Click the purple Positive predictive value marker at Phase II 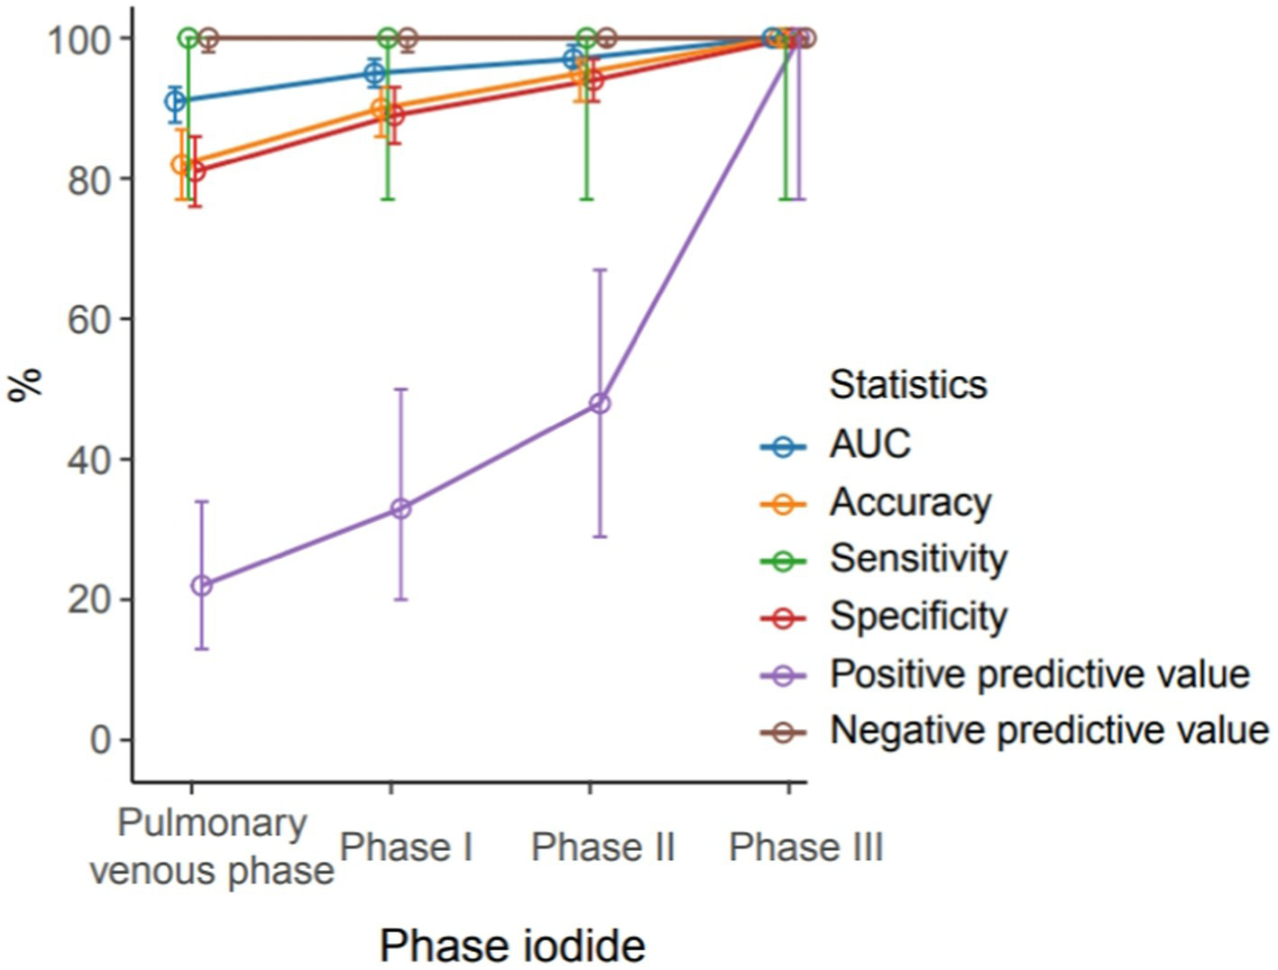click(x=599, y=404)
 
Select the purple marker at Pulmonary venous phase click(x=202, y=586)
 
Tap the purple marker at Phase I click(x=400, y=509)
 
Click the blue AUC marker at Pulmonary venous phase click(x=175, y=101)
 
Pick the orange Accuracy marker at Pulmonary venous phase click(x=182, y=165)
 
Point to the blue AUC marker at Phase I click(x=374, y=73)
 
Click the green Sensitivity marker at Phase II click(x=587, y=38)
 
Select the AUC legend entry click(x=869, y=444)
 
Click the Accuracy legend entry click(x=909, y=502)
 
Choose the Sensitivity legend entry click(x=917, y=559)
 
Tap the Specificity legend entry click(x=917, y=618)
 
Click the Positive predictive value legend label click(x=1039, y=674)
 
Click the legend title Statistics click(x=907, y=385)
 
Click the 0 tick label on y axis click(x=100, y=740)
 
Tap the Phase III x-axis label click(x=805, y=848)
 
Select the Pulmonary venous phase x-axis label click(x=212, y=847)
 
